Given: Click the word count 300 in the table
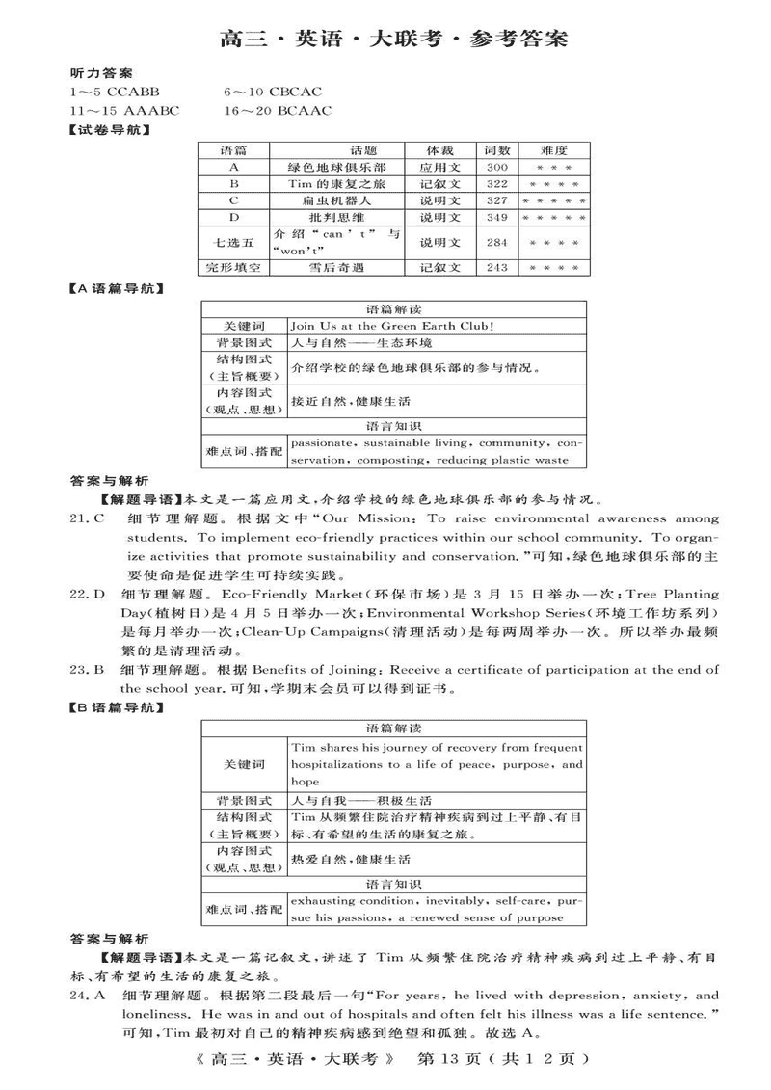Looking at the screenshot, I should pyautogui.click(x=497, y=167).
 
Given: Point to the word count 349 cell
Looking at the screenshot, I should pyautogui.click(x=497, y=218).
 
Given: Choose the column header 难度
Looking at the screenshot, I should pyautogui.click(x=554, y=150).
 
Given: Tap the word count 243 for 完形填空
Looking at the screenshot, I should pyautogui.click(x=497, y=268).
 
